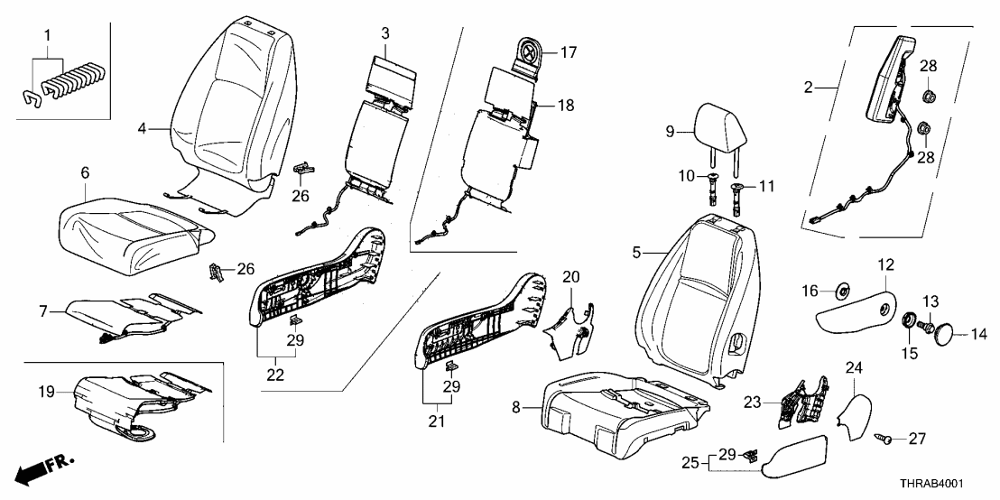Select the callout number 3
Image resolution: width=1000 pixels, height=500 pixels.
coord(384,34)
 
